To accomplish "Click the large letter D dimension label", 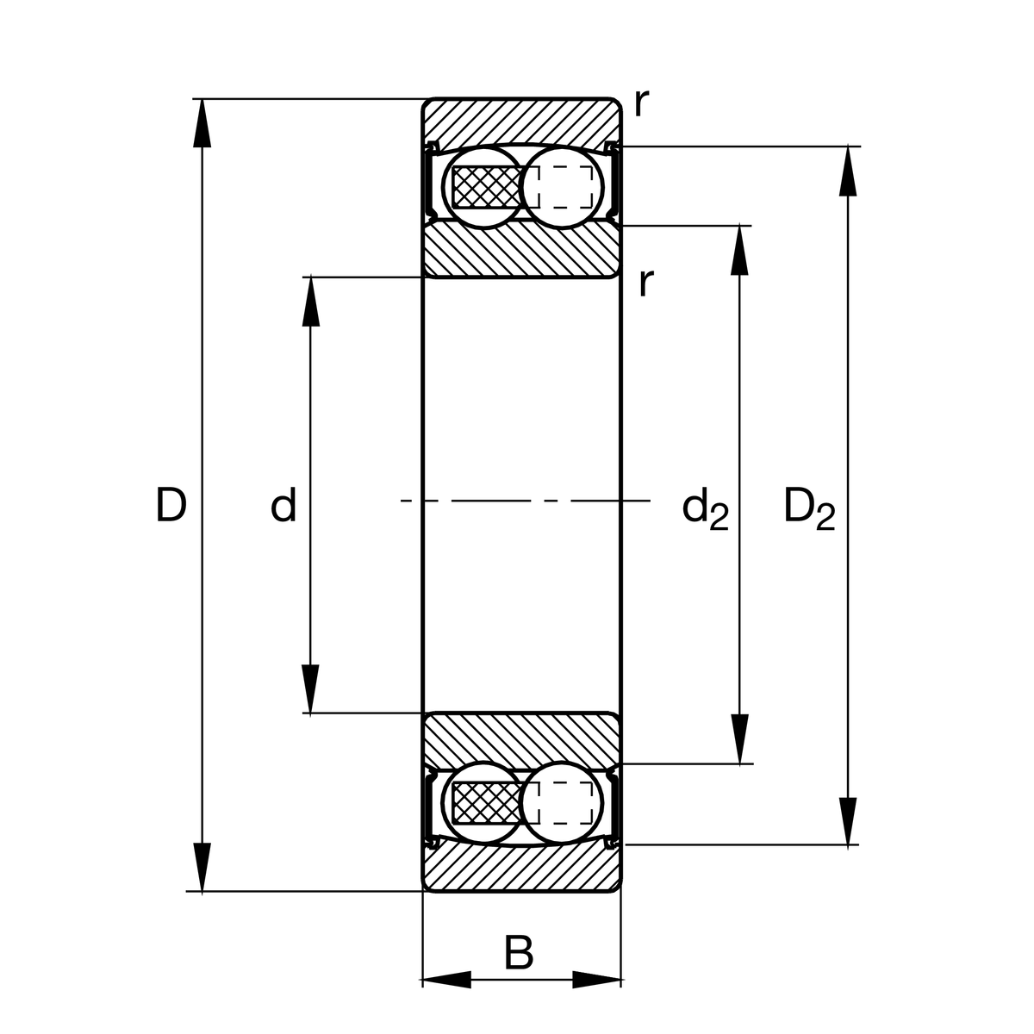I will pos(171,506).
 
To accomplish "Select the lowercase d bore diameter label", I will pos(283,506).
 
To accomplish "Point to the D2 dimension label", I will pos(808,508).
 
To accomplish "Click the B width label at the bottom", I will pos(519,954).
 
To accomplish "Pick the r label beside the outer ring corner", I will pos(640,103).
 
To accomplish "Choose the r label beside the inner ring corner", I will pos(646,282).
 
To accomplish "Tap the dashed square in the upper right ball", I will pos(564,186).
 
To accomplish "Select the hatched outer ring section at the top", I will pos(521,120).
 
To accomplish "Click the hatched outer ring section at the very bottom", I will pos(521,869).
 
